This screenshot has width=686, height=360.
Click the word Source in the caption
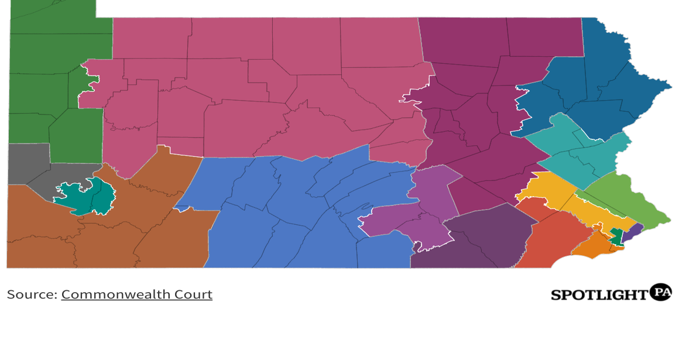31,294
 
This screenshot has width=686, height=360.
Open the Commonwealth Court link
136,294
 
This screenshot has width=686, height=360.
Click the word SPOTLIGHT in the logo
599,294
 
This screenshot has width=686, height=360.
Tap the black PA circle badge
661,292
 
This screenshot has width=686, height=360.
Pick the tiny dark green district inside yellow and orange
616,236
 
